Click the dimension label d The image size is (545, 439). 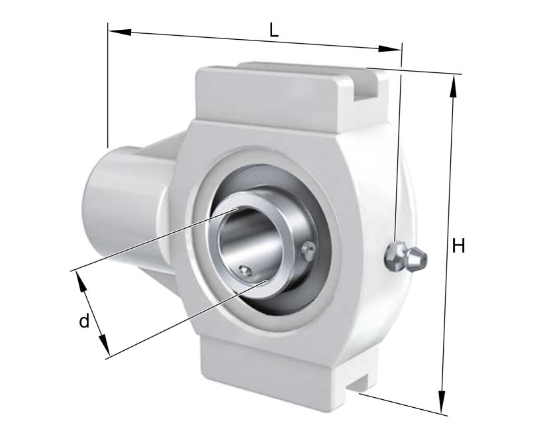click(x=83, y=322)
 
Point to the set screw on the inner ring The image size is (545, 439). click(x=246, y=269)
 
